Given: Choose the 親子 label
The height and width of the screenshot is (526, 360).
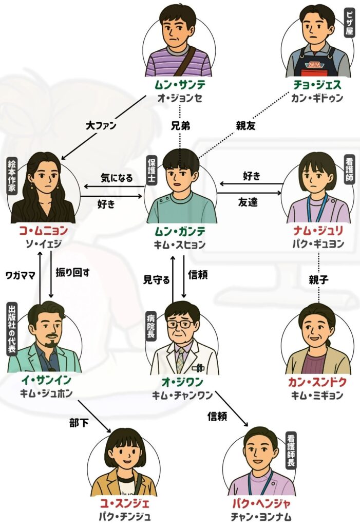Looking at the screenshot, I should point(319,280).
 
